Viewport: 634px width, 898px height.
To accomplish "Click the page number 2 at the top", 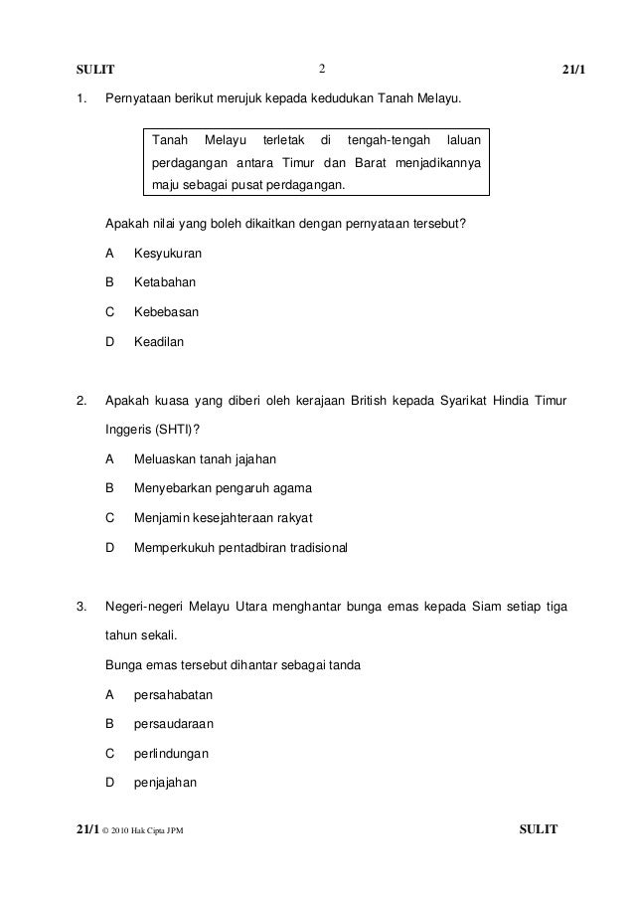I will point(323,69).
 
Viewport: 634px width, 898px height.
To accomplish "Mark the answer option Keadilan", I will point(159,341).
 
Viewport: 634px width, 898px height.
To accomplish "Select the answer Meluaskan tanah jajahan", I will point(206,459).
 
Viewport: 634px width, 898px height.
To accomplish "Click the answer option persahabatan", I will point(173,694).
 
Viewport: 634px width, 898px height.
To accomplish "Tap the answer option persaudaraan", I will point(174,724).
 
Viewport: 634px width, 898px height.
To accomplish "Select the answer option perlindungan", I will point(171,753).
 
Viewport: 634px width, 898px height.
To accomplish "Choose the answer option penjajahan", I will point(165,782).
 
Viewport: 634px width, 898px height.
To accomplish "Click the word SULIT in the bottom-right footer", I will point(540,829).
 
